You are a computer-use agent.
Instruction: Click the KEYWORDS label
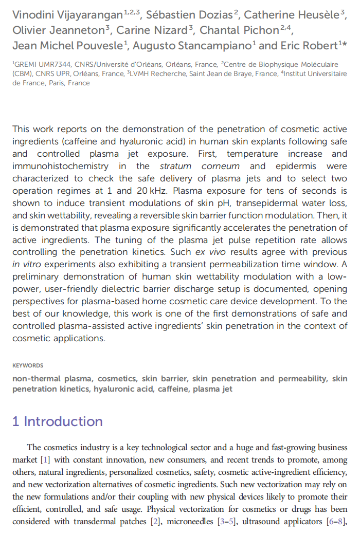click(28, 365)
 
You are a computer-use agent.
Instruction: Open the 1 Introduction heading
click(57, 422)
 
